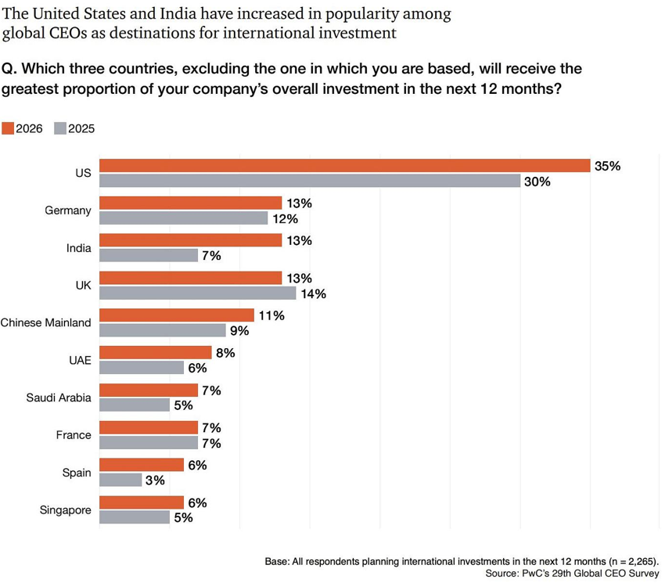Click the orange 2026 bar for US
pyautogui.click(x=344, y=166)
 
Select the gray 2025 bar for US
pyautogui.click(x=310, y=181)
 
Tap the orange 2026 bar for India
pyautogui.click(x=190, y=240)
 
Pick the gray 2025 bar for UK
pyautogui.click(x=197, y=293)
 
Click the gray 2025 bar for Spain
pyautogui.click(x=120, y=480)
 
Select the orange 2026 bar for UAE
pyautogui.click(x=155, y=352)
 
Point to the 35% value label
pyautogui.click(x=607, y=166)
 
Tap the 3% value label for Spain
pyautogui.click(x=155, y=480)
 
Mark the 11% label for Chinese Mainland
pyautogui.click(x=271, y=315)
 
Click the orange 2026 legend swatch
pyautogui.click(x=8, y=128)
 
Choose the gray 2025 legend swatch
pyautogui.click(x=60, y=128)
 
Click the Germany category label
pyautogui.click(x=68, y=211)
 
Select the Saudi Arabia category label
pyautogui.click(x=59, y=398)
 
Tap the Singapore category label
pyautogui.click(x=65, y=510)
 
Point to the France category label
pyautogui.click(x=74, y=435)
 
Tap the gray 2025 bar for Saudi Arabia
pyautogui.click(x=134, y=405)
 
